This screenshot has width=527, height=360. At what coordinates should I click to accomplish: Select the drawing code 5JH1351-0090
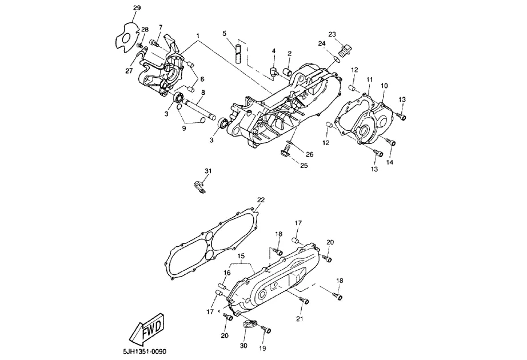(x=147, y=351)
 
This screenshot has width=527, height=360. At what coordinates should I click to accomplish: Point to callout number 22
(x=261, y=200)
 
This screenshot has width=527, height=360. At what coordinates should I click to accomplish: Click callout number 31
(x=208, y=171)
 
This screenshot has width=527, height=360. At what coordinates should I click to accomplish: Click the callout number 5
(x=225, y=33)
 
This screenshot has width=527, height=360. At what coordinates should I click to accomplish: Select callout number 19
(x=263, y=347)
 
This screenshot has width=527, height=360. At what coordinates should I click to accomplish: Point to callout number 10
(x=384, y=86)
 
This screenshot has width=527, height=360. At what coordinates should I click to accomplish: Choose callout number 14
(x=390, y=162)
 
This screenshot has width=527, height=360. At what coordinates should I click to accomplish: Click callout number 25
(x=304, y=165)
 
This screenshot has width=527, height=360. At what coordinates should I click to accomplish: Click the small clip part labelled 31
(x=198, y=186)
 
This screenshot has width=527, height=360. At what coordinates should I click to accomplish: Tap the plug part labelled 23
(x=344, y=50)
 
